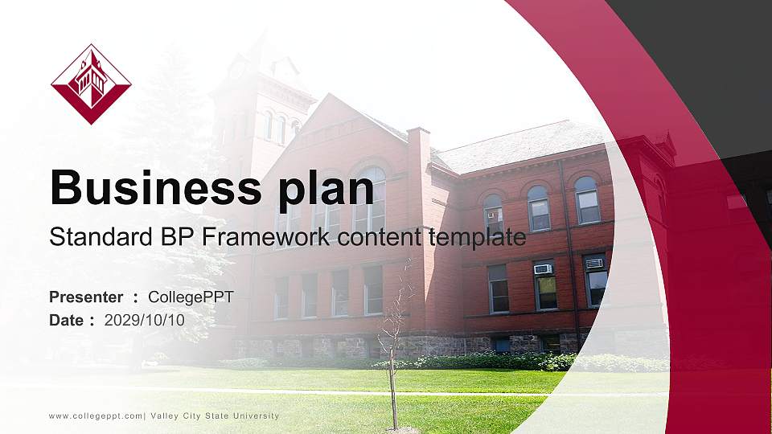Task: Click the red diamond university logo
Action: pyautogui.click(x=91, y=84)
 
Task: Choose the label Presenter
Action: pyautogui.click(x=86, y=297)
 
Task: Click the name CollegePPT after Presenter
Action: pyautogui.click(x=191, y=297)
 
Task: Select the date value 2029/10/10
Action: pyautogui.click(x=145, y=320)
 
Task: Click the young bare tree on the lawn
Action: pyautogui.click(x=392, y=346)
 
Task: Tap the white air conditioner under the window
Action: pyautogui.click(x=543, y=269)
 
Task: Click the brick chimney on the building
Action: pyautogui.click(x=418, y=161)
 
